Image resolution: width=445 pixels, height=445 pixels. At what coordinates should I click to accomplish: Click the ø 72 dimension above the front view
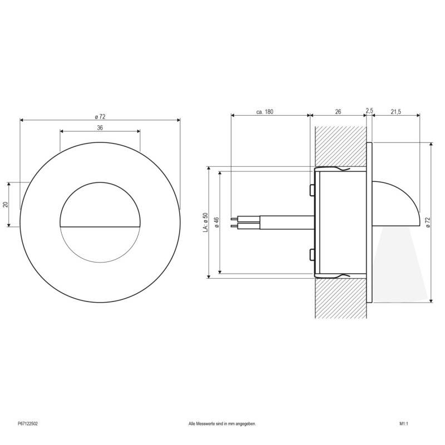click(x=100, y=116)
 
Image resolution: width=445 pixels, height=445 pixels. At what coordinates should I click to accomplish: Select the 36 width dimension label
click(x=100, y=127)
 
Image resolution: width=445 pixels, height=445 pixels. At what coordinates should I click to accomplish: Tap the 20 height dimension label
click(x=6, y=204)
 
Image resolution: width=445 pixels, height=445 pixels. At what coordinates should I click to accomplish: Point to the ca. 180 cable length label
click(x=265, y=112)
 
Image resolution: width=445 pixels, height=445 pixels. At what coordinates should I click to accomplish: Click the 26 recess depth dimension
click(x=338, y=112)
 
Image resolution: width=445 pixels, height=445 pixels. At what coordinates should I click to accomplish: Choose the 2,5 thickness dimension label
click(x=369, y=110)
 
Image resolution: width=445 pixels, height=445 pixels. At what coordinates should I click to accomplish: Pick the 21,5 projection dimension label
click(x=396, y=112)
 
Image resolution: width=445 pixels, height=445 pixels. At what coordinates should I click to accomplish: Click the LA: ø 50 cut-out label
click(x=205, y=222)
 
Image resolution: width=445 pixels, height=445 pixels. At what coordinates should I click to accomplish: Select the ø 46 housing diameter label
click(x=216, y=222)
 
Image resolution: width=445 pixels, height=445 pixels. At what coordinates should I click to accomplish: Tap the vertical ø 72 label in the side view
click(x=427, y=222)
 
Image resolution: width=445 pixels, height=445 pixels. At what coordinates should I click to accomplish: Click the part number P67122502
click(x=27, y=424)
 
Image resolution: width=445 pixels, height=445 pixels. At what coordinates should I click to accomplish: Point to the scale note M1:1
click(x=404, y=424)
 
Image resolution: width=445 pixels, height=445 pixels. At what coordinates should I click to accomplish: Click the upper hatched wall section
click(x=340, y=145)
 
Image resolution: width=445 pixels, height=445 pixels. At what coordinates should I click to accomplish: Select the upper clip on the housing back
click(x=311, y=190)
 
